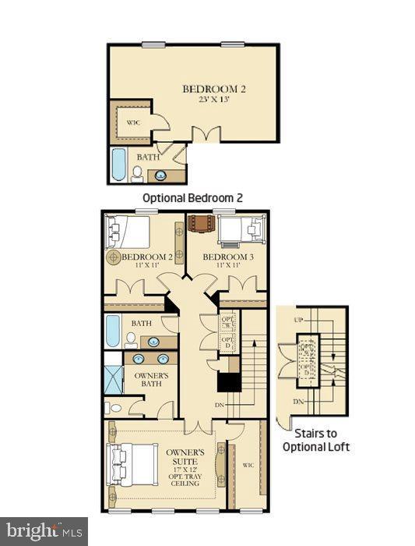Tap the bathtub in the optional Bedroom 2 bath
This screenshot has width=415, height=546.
tap(118, 165)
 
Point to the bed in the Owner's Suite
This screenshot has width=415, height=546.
tap(131, 465)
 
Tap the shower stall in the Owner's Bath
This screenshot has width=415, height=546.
tap(113, 377)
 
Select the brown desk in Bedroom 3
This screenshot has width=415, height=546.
tap(201, 224)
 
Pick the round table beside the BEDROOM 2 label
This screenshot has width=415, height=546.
tap(114, 256)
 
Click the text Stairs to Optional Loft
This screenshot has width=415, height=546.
tap(322, 441)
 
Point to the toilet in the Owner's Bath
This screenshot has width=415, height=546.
tap(114, 407)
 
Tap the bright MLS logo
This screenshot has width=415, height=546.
tap(44, 532)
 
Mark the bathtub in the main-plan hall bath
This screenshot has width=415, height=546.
tap(113, 331)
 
